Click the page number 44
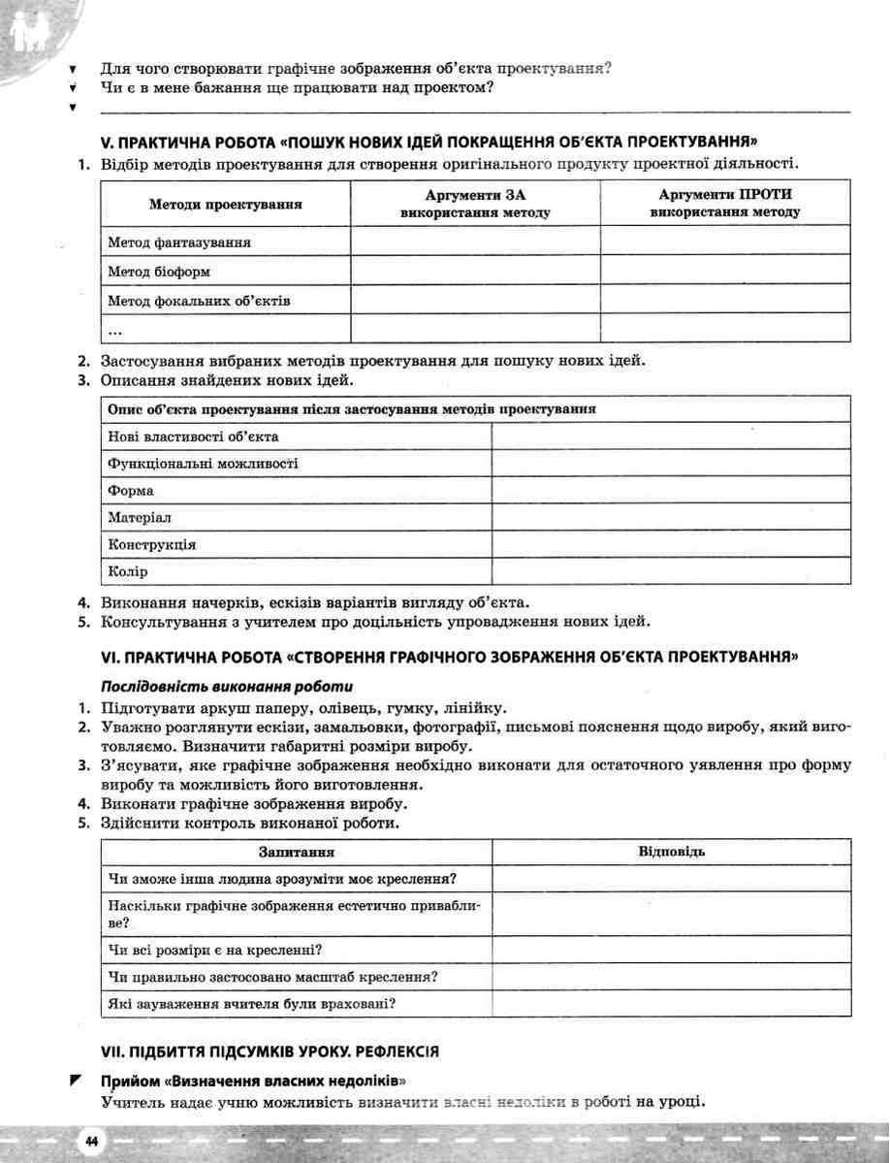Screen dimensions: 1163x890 point(90,1141)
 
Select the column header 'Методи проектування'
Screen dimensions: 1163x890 point(225,205)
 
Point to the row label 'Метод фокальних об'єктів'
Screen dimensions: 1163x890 point(199,302)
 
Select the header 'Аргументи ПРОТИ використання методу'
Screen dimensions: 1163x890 point(725,204)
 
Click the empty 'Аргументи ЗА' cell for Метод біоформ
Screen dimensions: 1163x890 point(475,271)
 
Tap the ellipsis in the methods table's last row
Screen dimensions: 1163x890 point(115,330)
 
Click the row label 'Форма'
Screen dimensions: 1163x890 point(131,491)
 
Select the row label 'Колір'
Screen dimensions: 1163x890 point(128,571)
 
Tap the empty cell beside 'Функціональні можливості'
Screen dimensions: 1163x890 point(671,464)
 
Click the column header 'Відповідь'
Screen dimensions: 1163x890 point(671,852)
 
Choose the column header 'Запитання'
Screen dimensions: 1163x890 point(297,852)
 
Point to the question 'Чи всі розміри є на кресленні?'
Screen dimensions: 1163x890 point(215,950)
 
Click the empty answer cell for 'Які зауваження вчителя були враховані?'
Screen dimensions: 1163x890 point(671,1003)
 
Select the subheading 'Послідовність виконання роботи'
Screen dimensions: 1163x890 point(202,686)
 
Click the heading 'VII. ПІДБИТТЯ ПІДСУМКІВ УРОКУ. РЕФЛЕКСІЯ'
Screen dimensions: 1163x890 point(271,1051)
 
